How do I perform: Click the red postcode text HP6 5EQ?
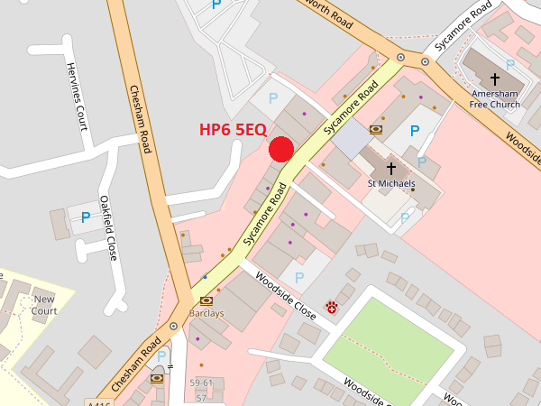(x=233, y=130)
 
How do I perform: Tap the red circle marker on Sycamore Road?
(x=281, y=149)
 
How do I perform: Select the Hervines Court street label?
(x=75, y=95)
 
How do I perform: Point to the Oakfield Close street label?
(x=109, y=228)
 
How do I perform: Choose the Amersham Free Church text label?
(x=495, y=98)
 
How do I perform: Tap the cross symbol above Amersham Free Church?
(x=495, y=79)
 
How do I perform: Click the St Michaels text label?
(x=391, y=183)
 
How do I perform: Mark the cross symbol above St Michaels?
(x=391, y=168)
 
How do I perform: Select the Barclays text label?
(x=206, y=313)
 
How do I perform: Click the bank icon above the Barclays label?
(x=206, y=300)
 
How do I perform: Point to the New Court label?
(x=44, y=305)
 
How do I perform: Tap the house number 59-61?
(x=202, y=383)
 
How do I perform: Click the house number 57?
(x=202, y=397)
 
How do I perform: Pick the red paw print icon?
(x=332, y=307)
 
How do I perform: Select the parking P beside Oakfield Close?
(x=86, y=217)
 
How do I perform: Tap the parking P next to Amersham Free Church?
(x=510, y=64)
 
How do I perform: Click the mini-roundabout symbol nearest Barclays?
(x=173, y=326)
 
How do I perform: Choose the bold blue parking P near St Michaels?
(x=415, y=131)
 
